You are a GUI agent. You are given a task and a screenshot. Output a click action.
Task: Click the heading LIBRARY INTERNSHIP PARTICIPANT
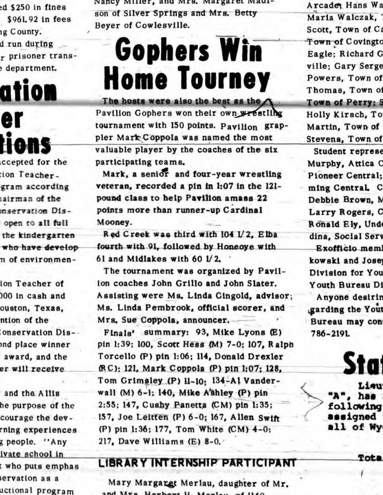(x=197, y=463)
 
